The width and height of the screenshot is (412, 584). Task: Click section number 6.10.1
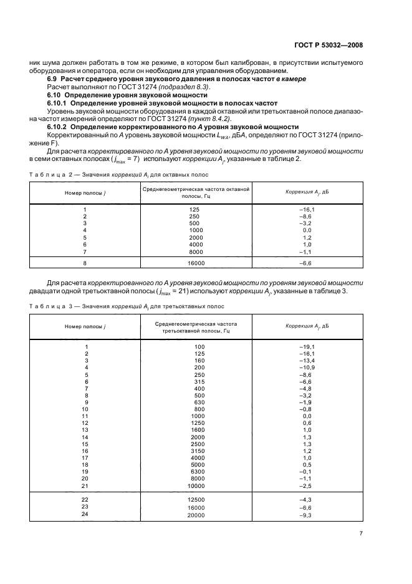(59, 102)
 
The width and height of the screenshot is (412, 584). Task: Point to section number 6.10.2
(59, 126)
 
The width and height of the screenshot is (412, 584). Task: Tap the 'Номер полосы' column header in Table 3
(85, 326)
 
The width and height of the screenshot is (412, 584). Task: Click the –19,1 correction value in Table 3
(307, 346)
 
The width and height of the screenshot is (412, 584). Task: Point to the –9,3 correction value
(307, 514)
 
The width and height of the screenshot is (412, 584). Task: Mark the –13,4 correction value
(307, 361)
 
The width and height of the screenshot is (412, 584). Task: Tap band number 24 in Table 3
(85, 514)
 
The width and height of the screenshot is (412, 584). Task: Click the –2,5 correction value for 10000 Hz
(307, 485)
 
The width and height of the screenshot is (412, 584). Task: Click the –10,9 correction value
(307, 367)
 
